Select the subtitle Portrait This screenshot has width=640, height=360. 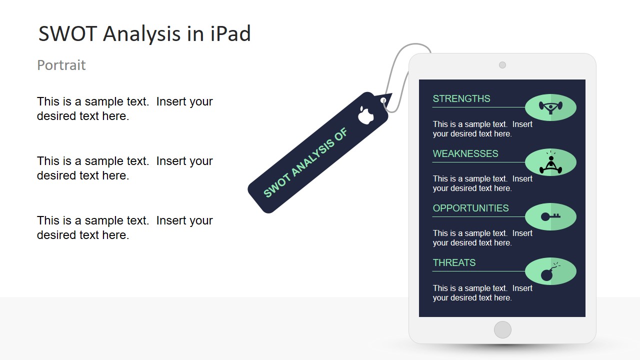pos(61,65)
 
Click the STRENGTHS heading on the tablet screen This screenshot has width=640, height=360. pos(461,98)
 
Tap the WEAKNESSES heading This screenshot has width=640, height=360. pos(465,153)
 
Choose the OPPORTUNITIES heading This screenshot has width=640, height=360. pos(470,208)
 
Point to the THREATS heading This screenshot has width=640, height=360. pos(454,262)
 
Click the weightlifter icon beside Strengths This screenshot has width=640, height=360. pos(550,107)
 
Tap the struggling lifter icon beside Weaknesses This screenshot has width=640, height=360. pos(550,162)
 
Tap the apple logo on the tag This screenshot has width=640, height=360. pos(365,114)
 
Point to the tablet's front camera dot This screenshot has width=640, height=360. pos(502,65)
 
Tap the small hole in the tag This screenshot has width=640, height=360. pos(383,100)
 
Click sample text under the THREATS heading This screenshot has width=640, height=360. pos(482,293)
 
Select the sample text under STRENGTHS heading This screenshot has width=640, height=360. pos(482,129)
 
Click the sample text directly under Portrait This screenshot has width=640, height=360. pos(124,108)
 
